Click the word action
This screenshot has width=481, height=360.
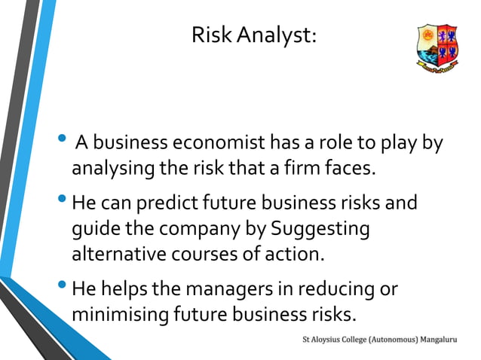point(299,253)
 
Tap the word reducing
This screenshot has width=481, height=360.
point(339,289)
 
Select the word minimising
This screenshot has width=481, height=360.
point(118,314)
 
